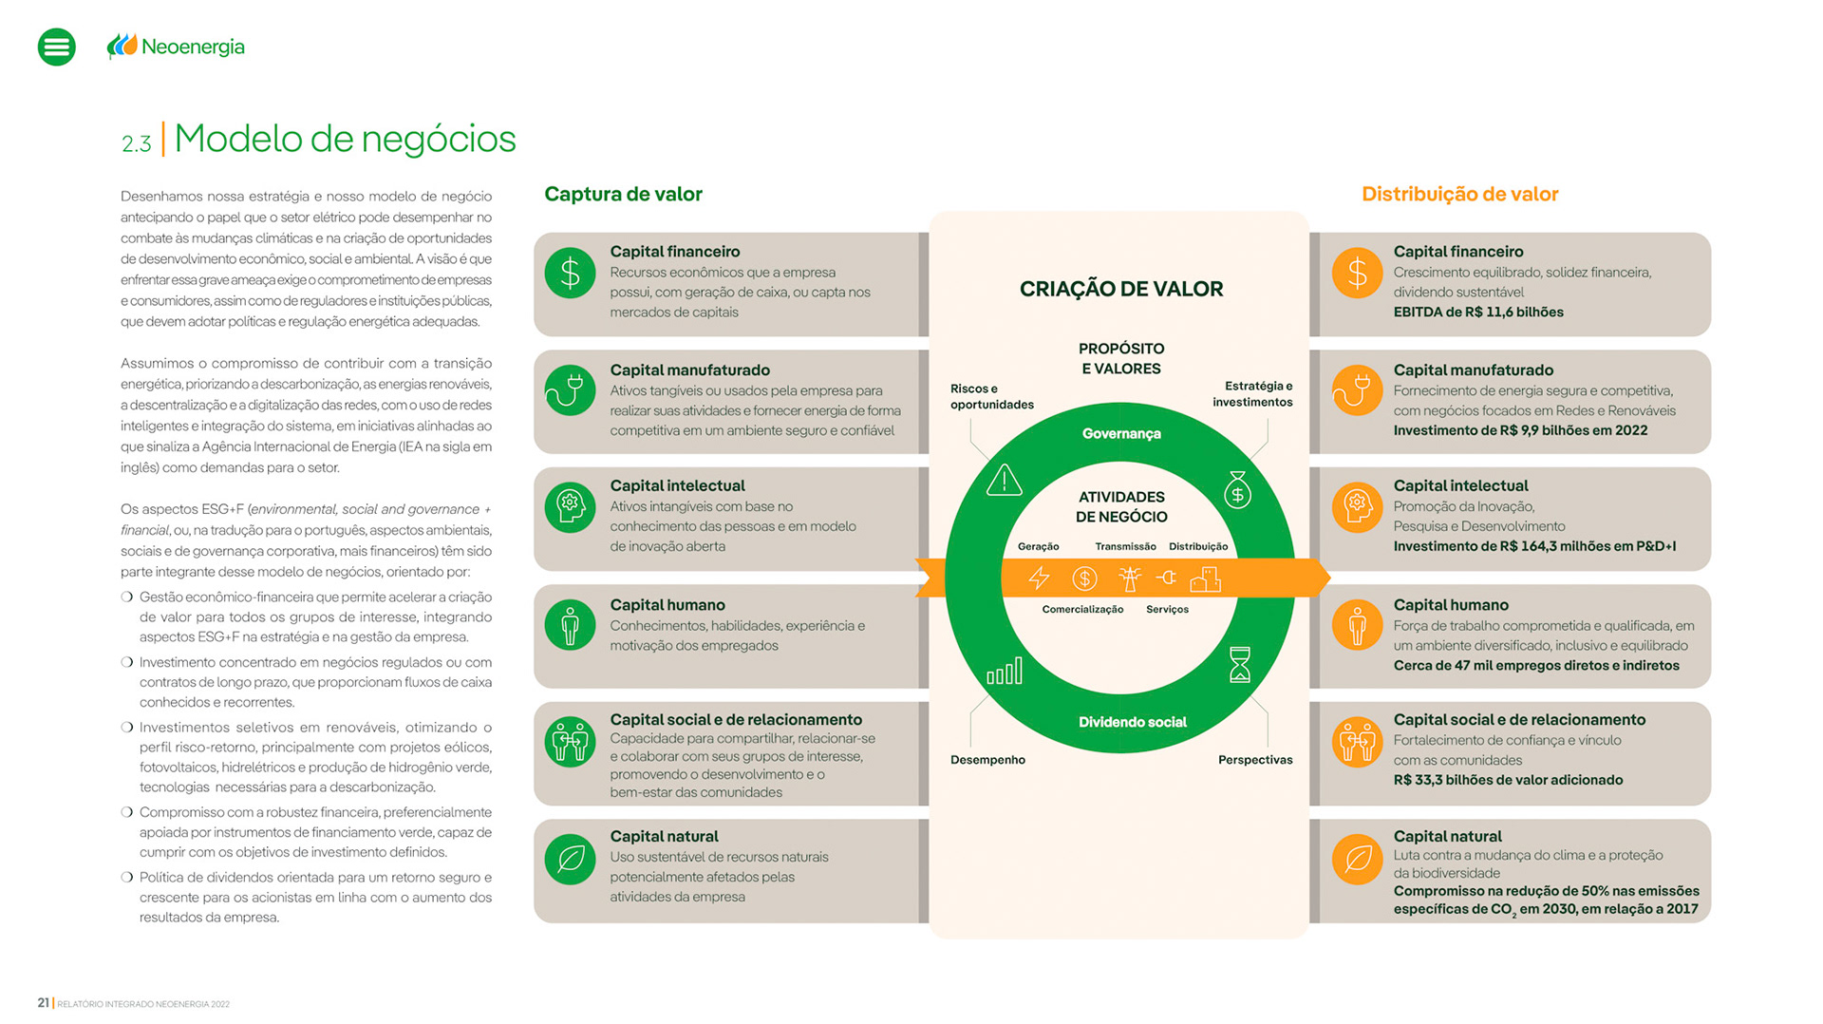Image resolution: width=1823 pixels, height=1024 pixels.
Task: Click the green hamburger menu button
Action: coord(57,47)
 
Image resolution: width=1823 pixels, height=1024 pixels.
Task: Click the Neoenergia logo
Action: coord(177,47)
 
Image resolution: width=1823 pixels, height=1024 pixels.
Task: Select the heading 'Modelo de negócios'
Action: coord(345,139)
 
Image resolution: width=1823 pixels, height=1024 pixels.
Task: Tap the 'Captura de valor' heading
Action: coord(623,194)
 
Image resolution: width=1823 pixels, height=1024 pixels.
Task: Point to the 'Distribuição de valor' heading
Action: coord(1459,194)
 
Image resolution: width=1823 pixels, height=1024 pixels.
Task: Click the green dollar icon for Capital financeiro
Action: coord(570,273)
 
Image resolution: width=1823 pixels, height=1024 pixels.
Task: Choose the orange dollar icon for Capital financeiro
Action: coord(1357,273)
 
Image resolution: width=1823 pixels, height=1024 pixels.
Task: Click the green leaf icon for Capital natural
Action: coord(570,859)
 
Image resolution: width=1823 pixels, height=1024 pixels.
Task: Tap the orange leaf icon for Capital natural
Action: coord(1357,859)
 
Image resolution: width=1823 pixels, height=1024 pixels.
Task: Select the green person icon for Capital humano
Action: coord(570,625)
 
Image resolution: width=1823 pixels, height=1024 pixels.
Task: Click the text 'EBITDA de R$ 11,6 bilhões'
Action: coord(1477,312)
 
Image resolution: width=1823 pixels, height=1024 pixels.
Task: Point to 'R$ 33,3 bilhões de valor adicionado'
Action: coord(1508,780)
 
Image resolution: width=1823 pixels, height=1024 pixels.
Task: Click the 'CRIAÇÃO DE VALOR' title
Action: coord(1120,289)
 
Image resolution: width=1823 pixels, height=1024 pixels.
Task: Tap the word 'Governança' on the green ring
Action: coord(1121,434)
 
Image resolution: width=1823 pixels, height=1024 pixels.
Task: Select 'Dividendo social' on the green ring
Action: coord(1132,722)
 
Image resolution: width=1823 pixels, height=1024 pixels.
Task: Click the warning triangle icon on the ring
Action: coord(1004,481)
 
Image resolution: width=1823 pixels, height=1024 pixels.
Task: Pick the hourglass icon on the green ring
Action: coord(1240,665)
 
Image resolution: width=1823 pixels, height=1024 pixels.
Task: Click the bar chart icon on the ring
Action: coord(1005,671)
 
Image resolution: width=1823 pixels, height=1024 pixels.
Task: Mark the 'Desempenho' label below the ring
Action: coord(987,760)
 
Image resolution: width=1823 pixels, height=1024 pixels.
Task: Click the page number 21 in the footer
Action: coord(44,1003)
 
